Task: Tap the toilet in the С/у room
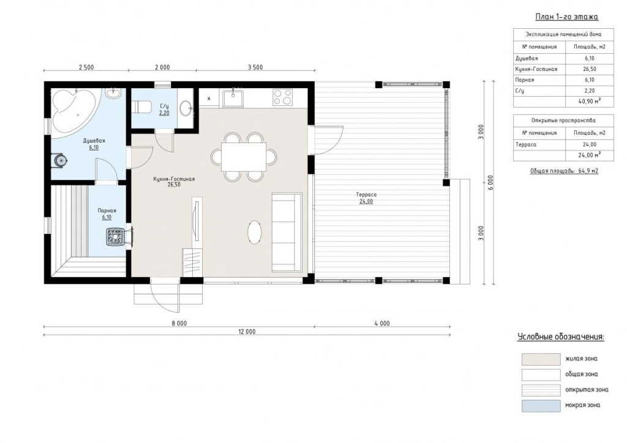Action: tap(142, 106)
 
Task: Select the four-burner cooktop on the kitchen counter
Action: tap(282, 97)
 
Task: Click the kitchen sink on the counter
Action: tap(233, 99)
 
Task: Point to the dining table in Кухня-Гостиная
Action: tap(244, 157)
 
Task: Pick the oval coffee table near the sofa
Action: tap(255, 232)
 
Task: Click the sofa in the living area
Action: tap(287, 232)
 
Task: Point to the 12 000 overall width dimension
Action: tap(247, 332)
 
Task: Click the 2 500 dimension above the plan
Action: tap(86, 67)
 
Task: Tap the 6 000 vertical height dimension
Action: tap(490, 182)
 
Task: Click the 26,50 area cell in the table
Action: tap(590, 69)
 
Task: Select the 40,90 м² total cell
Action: tap(590, 102)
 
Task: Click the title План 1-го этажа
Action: tap(566, 17)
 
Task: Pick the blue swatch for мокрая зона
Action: tap(541, 406)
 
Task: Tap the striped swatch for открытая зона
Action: tap(541, 390)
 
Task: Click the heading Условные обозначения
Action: tap(561, 337)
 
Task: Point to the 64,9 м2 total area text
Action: tap(588, 171)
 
